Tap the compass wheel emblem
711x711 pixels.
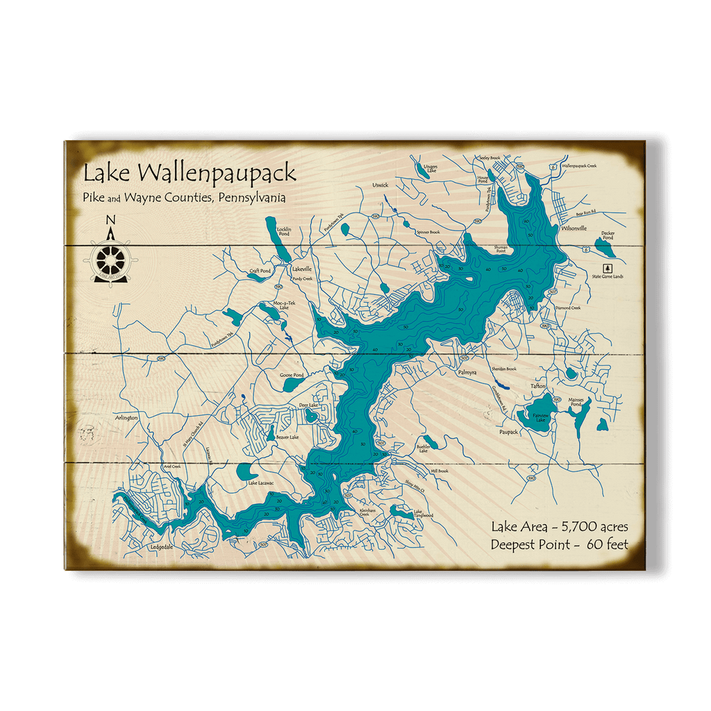[110, 260]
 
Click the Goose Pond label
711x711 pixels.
[292, 375]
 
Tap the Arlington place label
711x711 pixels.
[126, 418]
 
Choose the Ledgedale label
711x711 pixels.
[161, 547]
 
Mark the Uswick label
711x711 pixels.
[380, 185]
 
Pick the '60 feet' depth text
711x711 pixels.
[607, 544]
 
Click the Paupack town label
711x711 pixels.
[509, 432]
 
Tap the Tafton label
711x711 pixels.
[538, 386]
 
